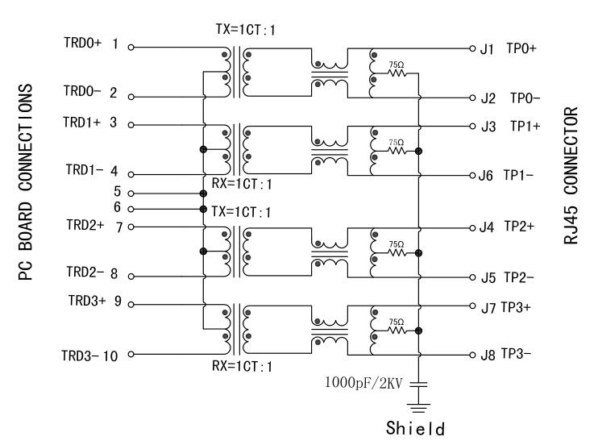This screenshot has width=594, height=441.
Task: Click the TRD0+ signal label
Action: point(83,44)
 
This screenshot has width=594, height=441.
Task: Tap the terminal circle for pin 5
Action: point(131,193)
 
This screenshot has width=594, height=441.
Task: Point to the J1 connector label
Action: point(486,49)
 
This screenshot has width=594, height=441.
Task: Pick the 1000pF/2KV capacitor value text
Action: point(363,379)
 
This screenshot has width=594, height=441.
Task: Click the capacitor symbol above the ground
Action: point(420,381)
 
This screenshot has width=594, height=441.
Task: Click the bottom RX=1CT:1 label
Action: point(242,367)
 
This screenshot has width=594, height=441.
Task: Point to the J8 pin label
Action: point(486,356)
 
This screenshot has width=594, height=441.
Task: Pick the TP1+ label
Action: point(524,127)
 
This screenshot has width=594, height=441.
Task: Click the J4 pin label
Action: point(486,228)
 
